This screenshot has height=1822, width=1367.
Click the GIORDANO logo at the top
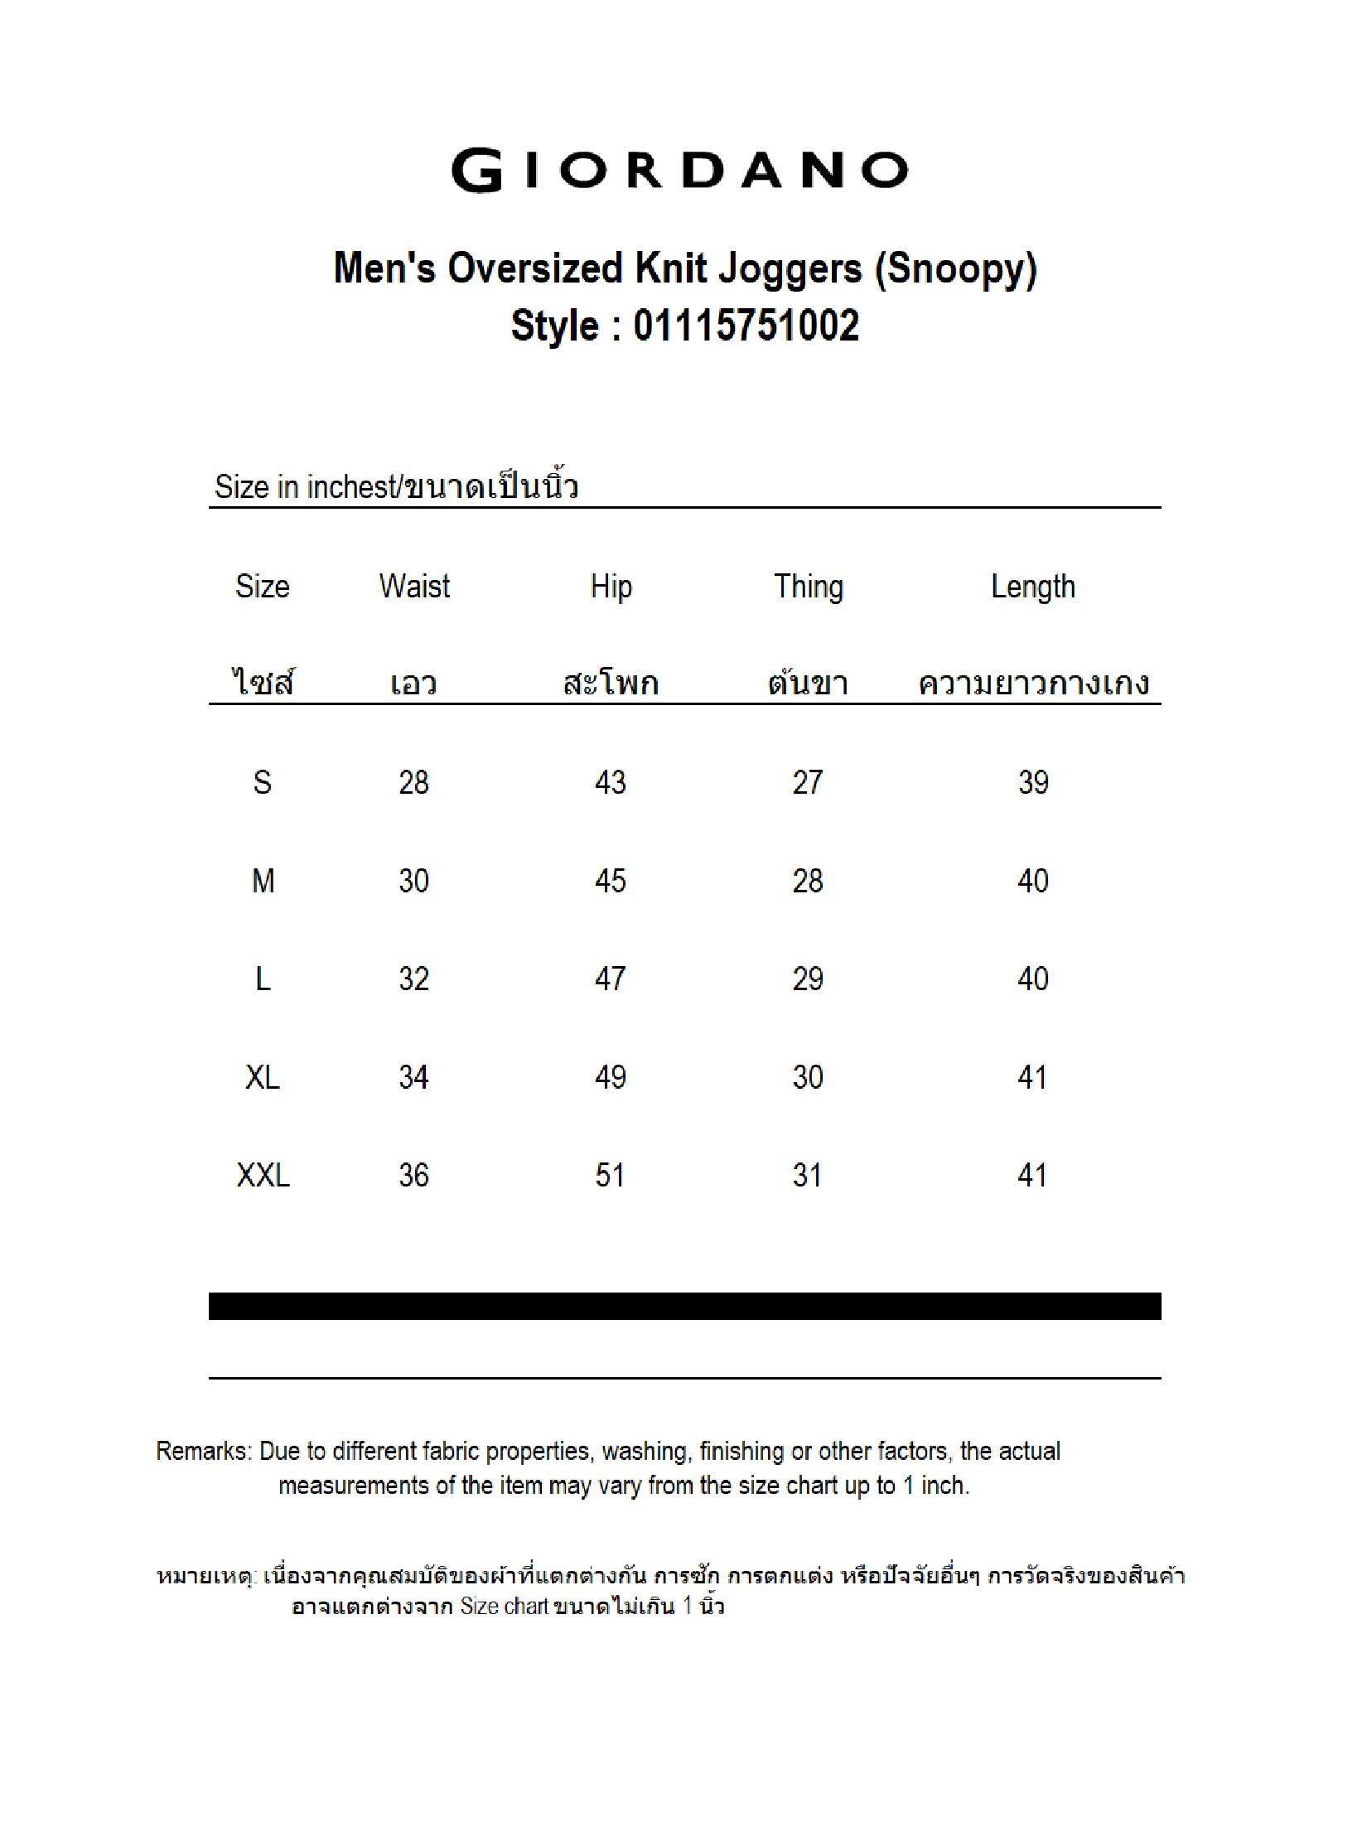pos(679,171)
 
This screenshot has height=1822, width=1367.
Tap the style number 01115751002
pos(746,326)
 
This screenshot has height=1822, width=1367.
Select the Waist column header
pos(414,587)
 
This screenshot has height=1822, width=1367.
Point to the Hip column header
pos(611,587)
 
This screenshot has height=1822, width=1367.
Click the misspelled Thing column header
pos(808,587)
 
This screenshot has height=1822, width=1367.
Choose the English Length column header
pos(1032,587)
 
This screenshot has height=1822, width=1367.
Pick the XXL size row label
pos(263,1175)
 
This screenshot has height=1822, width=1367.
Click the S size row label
pos(262,782)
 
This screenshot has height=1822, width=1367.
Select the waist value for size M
pos(413,880)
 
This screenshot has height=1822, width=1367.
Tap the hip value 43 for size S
pos(611,782)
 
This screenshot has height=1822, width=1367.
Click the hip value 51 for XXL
pos(610,1175)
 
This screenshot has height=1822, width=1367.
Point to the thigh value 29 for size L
pos(808,979)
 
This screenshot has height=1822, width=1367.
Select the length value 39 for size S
pos(1033,782)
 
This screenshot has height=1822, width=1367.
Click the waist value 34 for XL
pos(413,1077)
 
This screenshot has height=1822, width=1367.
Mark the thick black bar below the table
pos(684,1306)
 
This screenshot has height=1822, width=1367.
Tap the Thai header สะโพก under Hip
pos(611,684)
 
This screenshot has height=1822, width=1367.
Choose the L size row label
pos(263,979)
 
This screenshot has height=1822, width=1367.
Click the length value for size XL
pos(1032,1077)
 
